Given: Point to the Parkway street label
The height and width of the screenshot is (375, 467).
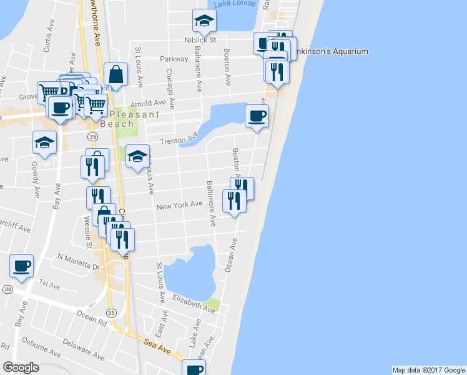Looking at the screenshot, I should (174, 59).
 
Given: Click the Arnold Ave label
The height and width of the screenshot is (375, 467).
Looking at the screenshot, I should (148, 102).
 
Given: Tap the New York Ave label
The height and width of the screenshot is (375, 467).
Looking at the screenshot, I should (179, 205).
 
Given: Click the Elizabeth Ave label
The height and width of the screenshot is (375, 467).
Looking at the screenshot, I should (194, 302).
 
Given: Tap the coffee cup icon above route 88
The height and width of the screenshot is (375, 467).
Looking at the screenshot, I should (21, 266).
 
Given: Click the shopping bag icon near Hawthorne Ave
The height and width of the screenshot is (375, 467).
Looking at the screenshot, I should (116, 74).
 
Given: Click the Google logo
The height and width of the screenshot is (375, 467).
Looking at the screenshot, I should (21, 367).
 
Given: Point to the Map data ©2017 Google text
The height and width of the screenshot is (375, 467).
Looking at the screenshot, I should (428, 370).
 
